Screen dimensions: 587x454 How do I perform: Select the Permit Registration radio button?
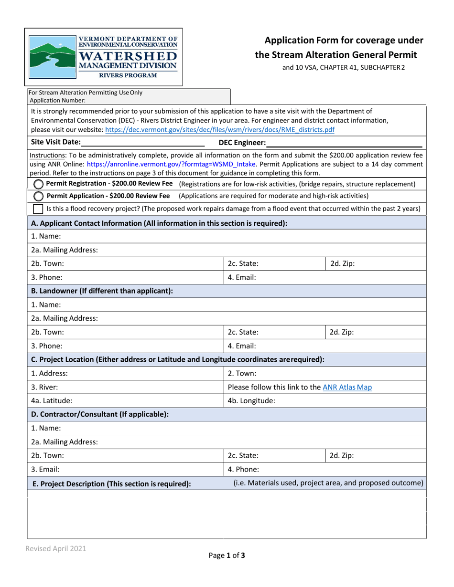38,184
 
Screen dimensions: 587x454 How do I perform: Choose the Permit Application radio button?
38,196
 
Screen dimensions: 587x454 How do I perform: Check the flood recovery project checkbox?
38,209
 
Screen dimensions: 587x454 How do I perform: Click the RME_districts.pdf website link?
219,129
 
